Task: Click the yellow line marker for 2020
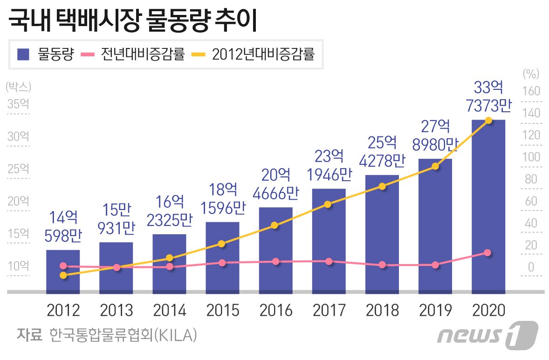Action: click(x=488, y=121)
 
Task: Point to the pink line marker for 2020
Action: click(x=487, y=253)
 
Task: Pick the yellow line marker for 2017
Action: click(x=328, y=204)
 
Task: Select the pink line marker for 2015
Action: click(x=222, y=263)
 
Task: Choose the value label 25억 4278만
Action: click(x=382, y=150)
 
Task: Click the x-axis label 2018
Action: click(x=382, y=310)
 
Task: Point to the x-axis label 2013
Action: click(x=116, y=310)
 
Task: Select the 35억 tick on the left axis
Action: click(x=18, y=104)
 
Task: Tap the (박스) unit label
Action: click(x=18, y=87)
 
